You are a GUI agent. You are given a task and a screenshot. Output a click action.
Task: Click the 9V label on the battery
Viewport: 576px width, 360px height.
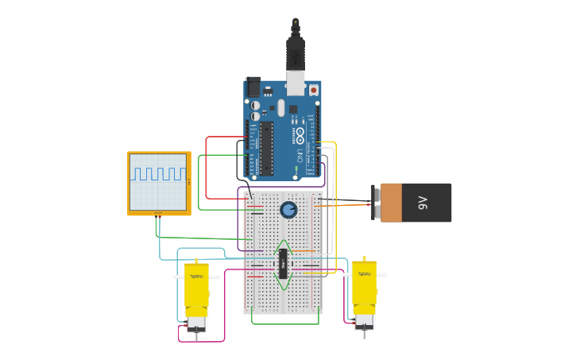pyautogui.click(x=423, y=203)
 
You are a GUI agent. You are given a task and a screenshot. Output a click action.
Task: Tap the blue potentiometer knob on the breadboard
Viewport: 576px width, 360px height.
pyautogui.click(x=288, y=210)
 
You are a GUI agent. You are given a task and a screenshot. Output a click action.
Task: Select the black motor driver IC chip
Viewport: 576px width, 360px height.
pyautogui.click(x=282, y=263)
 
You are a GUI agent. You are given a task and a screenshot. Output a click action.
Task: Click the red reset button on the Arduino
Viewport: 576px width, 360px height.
pyautogui.click(x=313, y=90)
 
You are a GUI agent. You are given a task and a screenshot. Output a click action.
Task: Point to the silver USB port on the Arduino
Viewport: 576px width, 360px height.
pyautogui.click(x=296, y=82)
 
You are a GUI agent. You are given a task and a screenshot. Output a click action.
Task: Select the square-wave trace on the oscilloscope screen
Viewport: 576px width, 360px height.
pyautogui.click(x=158, y=173)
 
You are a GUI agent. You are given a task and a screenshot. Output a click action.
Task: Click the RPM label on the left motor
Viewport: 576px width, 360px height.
pyautogui.click(x=196, y=277)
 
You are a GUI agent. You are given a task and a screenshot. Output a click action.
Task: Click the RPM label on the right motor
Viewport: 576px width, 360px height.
pyautogui.click(x=364, y=274)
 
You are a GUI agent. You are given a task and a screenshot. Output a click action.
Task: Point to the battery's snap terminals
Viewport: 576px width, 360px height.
pyautogui.click(x=375, y=203)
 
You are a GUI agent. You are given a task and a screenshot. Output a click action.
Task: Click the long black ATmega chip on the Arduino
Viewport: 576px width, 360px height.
pyautogui.click(x=266, y=148)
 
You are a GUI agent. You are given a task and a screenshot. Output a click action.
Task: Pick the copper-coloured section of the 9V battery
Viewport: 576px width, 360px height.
pyautogui.click(x=391, y=203)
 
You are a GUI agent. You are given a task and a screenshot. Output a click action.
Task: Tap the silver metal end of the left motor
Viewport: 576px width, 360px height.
pyautogui.click(x=196, y=323)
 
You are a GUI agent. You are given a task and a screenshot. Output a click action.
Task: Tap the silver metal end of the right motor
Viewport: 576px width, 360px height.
pyautogui.click(x=364, y=320)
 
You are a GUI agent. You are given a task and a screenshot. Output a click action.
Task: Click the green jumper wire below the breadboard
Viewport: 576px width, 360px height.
pyautogui.click(x=285, y=323)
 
